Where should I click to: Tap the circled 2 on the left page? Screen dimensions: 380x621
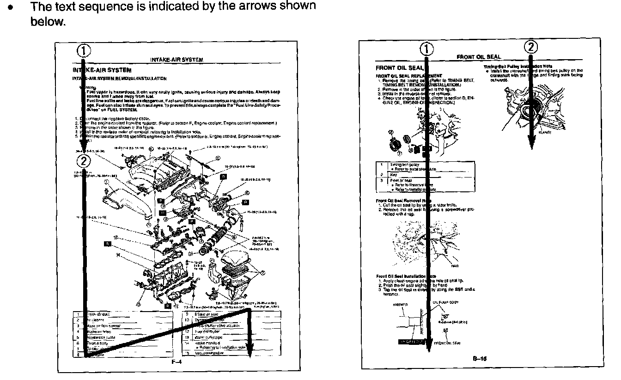click(83, 161)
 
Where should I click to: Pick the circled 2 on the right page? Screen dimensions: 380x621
click(531, 47)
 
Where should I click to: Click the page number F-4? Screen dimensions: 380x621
click(176, 362)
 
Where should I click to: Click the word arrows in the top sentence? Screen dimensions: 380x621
click(254, 6)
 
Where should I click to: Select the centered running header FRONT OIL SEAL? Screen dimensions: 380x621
click(472, 57)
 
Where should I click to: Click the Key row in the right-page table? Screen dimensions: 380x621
click(393, 175)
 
